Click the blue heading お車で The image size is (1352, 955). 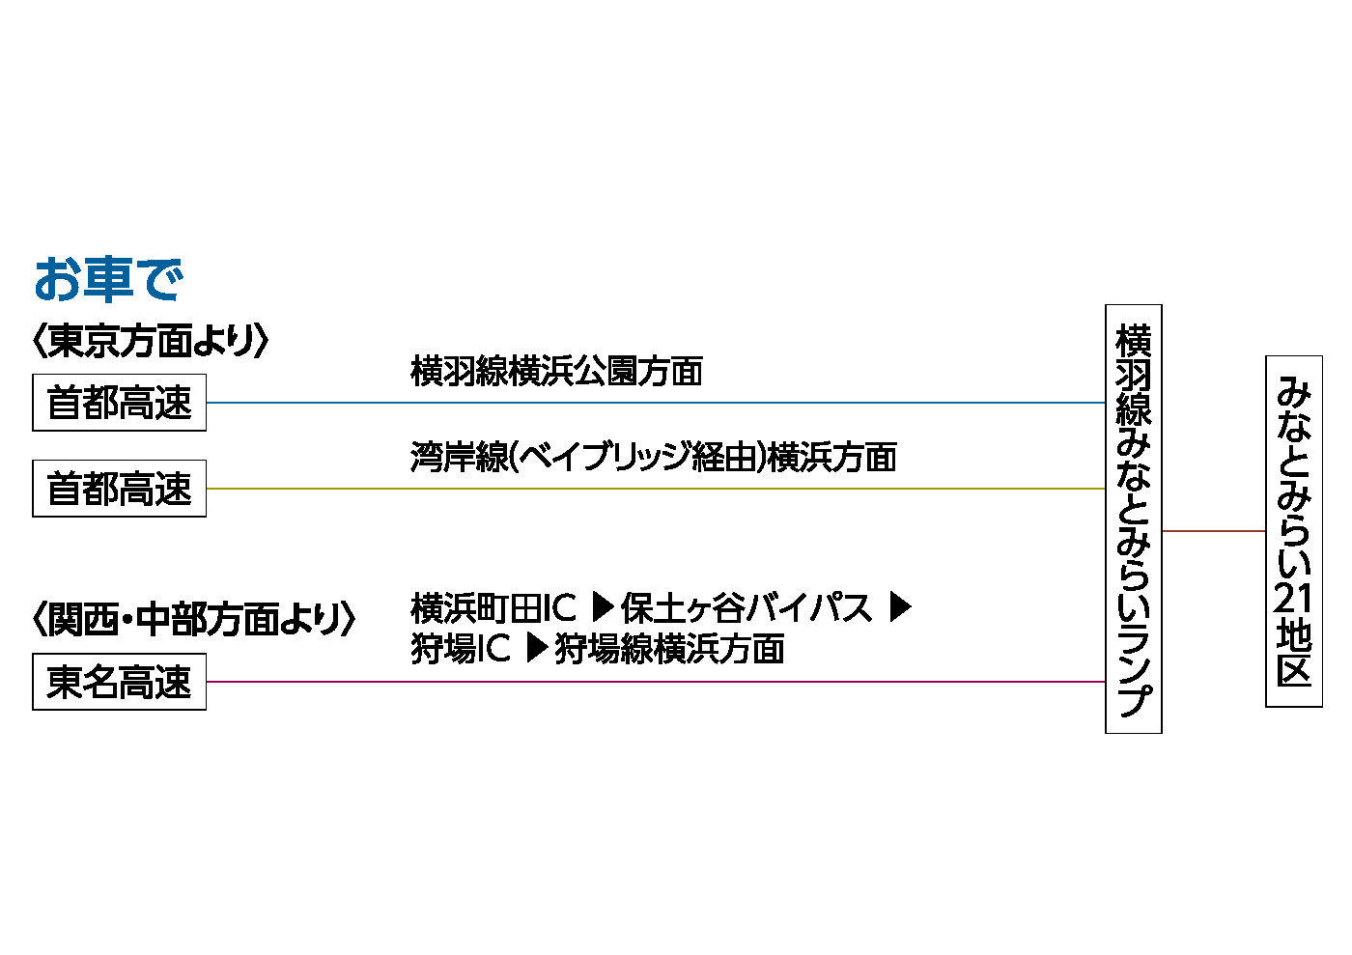tap(108, 279)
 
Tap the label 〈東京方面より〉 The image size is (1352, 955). tap(150, 341)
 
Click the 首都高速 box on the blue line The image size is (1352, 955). tap(120, 403)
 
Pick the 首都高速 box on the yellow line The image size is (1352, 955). tap(120, 490)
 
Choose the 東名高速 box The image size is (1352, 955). tap(120, 683)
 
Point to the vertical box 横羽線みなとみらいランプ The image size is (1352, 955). tap(1134, 519)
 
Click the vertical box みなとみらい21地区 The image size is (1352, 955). tap(1294, 531)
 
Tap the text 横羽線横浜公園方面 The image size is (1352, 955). tap(556, 371)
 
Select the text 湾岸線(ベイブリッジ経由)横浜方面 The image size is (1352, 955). tap(653, 457)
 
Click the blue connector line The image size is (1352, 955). tap(657, 403)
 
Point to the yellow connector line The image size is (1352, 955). tap(657, 489)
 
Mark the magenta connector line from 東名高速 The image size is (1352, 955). tap(657, 682)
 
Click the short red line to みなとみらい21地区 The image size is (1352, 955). tap(1214, 531)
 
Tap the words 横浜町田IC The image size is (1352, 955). tap(493, 608)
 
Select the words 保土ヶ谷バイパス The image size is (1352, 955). tap(746, 608)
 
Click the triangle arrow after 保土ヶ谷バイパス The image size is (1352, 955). tap(900, 607)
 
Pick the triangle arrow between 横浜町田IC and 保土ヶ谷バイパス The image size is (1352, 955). tap(602, 607)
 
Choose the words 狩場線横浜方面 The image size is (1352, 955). tap(668, 649)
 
